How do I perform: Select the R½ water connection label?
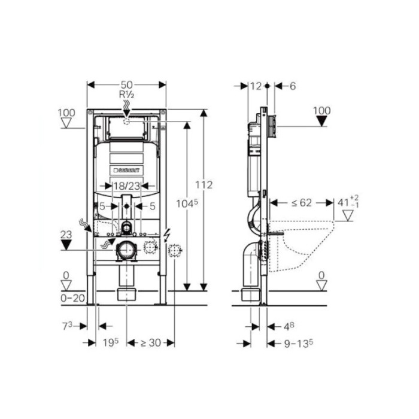(x=126, y=95)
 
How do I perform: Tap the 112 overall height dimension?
(x=204, y=185)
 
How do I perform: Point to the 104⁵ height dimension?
(x=187, y=204)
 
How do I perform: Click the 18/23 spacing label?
(x=126, y=186)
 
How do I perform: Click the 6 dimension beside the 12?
(x=292, y=86)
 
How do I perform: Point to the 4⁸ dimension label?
(x=288, y=326)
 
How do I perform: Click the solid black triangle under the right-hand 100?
(x=322, y=122)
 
